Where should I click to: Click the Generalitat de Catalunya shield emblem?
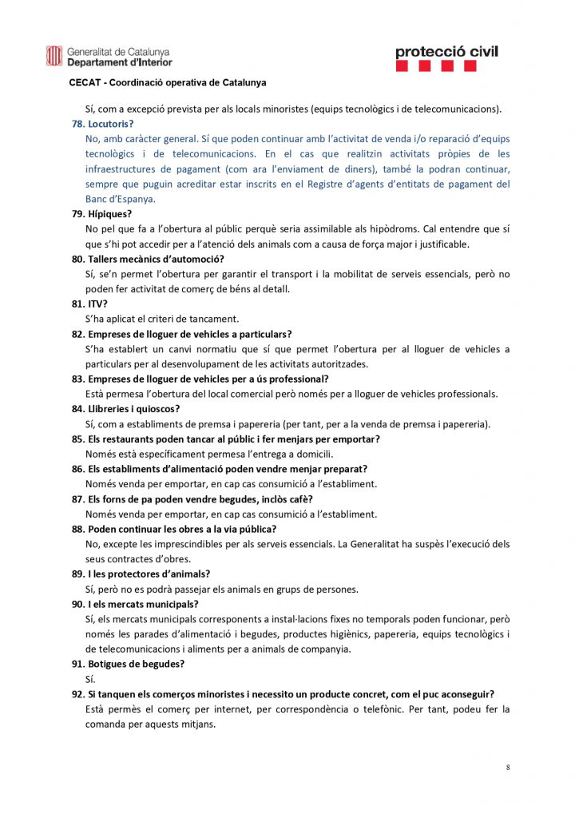point(54,56)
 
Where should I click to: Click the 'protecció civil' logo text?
point(446,52)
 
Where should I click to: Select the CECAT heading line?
point(168,82)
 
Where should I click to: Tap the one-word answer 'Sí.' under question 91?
point(90,679)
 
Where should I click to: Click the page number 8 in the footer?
point(508,768)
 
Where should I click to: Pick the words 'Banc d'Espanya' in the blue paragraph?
point(121,199)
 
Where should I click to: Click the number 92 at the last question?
point(77,694)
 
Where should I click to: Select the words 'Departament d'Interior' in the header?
point(119,62)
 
